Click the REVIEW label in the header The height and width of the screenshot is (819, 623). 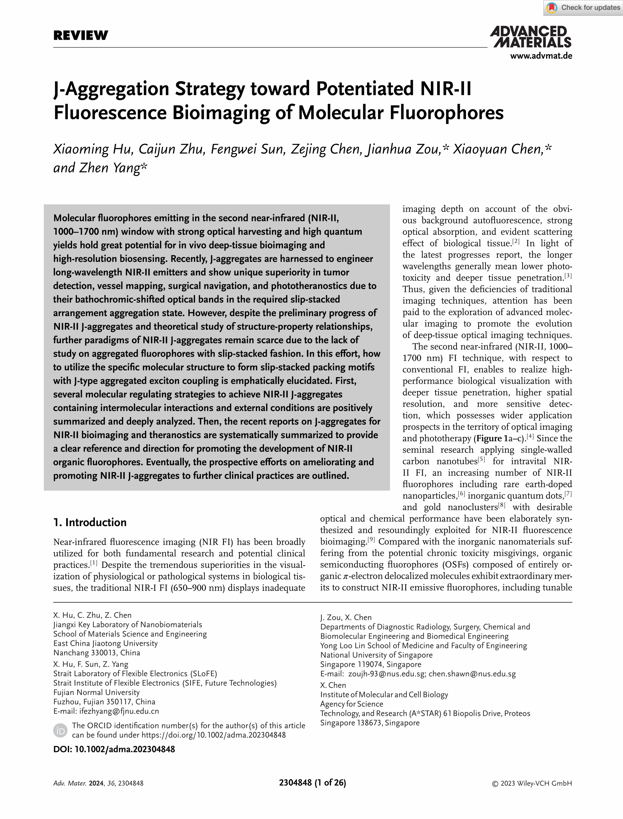click(81, 36)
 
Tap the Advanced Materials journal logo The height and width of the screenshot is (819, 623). click(531, 37)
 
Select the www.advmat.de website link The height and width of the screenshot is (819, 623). click(541, 56)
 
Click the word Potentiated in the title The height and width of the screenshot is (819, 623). click(365, 89)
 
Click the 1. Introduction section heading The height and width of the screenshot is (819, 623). click(90, 522)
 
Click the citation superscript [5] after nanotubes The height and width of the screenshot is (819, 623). click(481, 459)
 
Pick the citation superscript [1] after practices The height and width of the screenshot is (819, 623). click(94, 563)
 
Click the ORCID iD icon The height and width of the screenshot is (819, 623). click(60, 730)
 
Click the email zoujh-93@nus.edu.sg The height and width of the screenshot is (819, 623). click(386, 674)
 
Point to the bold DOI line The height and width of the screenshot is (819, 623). click(114, 749)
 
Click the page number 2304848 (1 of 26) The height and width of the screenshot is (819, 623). click(312, 783)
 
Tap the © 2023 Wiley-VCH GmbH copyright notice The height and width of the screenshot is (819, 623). click(531, 783)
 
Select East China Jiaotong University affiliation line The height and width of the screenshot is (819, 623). click(105, 643)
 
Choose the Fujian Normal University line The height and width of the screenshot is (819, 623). click(96, 692)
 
